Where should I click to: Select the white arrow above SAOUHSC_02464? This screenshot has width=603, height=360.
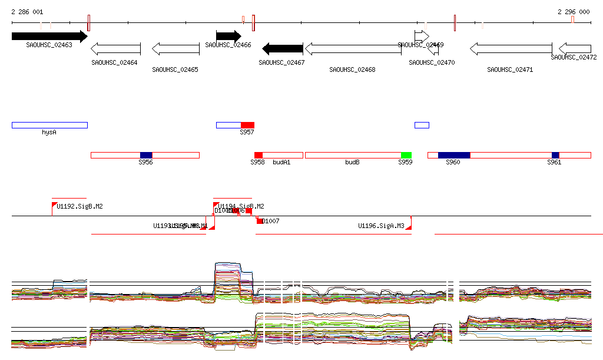[x=116, y=48]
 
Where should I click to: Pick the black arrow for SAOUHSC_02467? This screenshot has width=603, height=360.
[x=282, y=48]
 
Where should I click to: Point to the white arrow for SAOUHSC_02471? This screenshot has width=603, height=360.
[x=510, y=48]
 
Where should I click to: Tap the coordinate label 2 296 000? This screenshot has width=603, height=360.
[x=574, y=12]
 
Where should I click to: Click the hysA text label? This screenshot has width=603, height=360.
[x=49, y=133]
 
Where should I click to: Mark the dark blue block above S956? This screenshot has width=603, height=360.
[x=146, y=155]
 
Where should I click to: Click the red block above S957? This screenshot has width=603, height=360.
[x=247, y=125]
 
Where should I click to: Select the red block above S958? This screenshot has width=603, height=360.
[x=259, y=155]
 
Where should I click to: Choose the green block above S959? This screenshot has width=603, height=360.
[x=406, y=155]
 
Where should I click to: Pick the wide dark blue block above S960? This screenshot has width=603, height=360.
[x=454, y=155]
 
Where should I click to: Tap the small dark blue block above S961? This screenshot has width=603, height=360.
[x=555, y=155]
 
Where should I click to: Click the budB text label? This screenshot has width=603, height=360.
[x=352, y=162]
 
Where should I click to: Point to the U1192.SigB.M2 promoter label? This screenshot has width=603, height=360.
[x=80, y=206]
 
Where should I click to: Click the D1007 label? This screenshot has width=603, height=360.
[x=271, y=221]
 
